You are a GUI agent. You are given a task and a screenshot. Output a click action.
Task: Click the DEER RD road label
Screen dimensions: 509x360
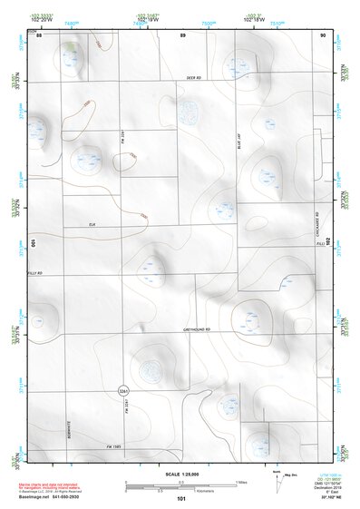tap(191, 79)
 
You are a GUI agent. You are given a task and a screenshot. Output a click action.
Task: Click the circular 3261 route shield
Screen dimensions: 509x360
tap(122, 389)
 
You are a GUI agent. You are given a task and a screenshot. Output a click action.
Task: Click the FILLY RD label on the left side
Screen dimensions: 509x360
tap(35, 273)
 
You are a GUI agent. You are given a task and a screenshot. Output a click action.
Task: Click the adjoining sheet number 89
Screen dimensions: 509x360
tap(182, 35)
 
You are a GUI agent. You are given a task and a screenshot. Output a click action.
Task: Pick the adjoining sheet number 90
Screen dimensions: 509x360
tap(322, 35)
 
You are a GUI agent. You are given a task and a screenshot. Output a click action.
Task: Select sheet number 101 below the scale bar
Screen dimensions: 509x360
tap(181, 498)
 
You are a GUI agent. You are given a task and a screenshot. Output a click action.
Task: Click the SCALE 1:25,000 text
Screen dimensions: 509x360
tap(182, 475)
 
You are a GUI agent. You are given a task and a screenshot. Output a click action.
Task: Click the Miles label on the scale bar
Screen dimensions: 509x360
tap(241, 482)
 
